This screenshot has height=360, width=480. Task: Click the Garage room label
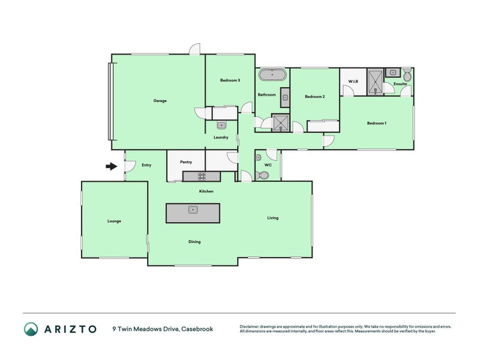160,101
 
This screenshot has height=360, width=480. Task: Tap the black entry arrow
111,166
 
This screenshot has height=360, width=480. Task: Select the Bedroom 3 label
230,80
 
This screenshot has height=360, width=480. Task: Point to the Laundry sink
221,125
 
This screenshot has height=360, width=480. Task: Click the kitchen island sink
193,209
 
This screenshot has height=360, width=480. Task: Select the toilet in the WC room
262,175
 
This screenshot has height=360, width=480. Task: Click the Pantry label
185,161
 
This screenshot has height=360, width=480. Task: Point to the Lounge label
114,221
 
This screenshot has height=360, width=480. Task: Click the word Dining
194,242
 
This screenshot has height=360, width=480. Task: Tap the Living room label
272,218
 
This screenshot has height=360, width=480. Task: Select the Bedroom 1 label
376,123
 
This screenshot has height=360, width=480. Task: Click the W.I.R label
353,81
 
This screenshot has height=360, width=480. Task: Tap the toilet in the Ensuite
407,76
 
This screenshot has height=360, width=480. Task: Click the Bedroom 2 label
314,97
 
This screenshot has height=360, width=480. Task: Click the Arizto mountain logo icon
31,328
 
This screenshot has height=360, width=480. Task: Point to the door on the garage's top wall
194,50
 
